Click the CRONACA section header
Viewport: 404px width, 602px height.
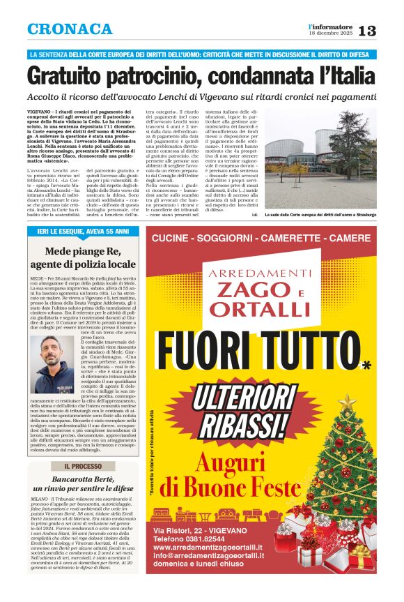(x=70, y=29)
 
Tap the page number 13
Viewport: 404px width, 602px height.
(x=366, y=31)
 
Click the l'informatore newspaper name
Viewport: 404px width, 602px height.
(x=330, y=26)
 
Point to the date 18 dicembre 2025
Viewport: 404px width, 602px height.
(x=331, y=33)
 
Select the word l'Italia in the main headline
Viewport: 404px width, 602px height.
(x=341, y=75)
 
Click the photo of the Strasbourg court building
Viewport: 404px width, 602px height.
(x=320, y=153)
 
